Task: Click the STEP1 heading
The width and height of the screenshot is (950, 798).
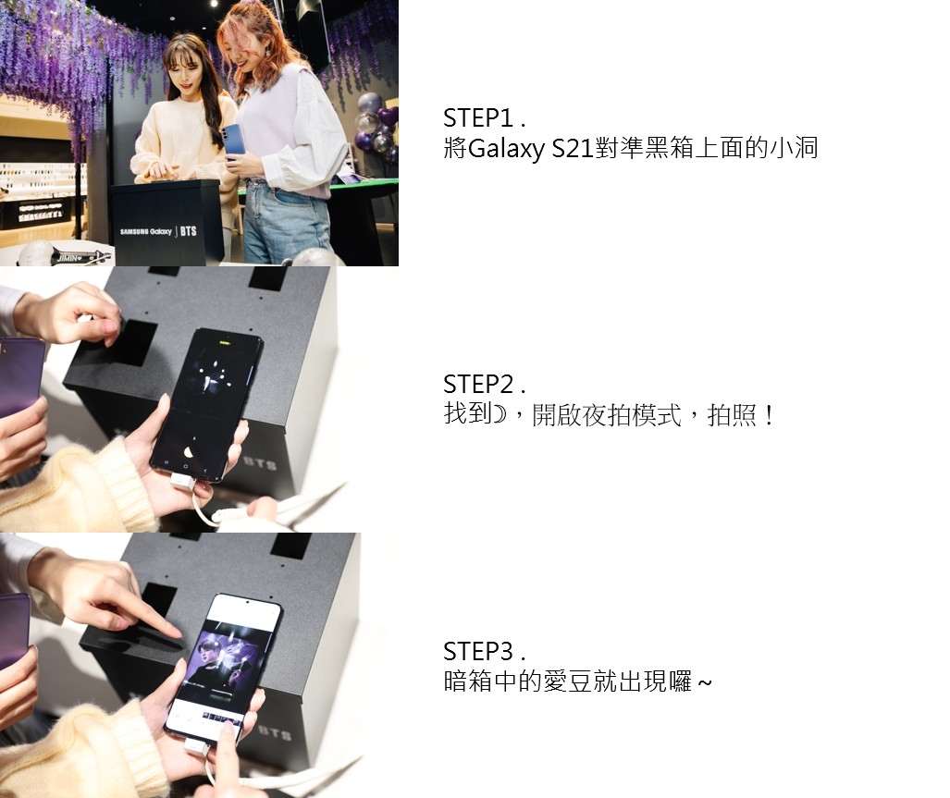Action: pyautogui.click(x=484, y=118)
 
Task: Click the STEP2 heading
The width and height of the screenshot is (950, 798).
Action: pyautogui.click(x=484, y=385)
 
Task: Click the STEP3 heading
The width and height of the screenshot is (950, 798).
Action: pyautogui.click(x=484, y=652)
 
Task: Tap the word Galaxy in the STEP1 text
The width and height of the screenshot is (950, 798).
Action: pyautogui.click(x=506, y=149)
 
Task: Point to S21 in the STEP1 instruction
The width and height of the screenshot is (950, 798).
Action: pyautogui.click(x=572, y=148)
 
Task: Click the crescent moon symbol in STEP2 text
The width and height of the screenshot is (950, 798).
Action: pyautogui.click(x=499, y=414)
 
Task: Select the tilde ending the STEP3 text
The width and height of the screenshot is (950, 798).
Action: pyautogui.click(x=705, y=683)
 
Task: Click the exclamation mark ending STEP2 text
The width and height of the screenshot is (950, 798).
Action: pyautogui.click(x=769, y=415)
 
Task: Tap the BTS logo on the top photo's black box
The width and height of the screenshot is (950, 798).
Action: pyautogui.click(x=188, y=231)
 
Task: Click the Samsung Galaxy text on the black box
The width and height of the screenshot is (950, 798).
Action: pyautogui.click(x=145, y=231)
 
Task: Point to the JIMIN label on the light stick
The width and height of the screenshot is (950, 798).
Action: pyautogui.click(x=68, y=258)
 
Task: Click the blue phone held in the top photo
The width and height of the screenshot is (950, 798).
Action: pyautogui.click(x=231, y=141)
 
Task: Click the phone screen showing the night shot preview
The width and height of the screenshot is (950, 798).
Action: pyautogui.click(x=206, y=402)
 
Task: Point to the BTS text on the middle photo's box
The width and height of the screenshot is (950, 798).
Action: pyautogui.click(x=260, y=464)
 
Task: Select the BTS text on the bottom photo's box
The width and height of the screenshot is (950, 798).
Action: pyautogui.click(x=275, y=732)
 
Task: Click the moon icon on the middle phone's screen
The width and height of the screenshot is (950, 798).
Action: pyautogui.click(x=189, y=451)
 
